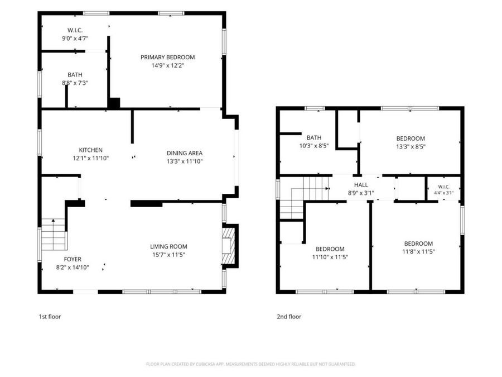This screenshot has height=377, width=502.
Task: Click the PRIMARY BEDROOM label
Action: coord(168,58)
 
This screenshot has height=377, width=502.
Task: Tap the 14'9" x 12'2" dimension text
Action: coord(168,66)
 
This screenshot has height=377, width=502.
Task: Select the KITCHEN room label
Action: coord(90,150)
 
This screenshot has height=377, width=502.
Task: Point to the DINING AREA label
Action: coord(185,153)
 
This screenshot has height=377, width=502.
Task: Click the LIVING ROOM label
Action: coord(168,246)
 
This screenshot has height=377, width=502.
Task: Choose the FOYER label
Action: coord(73,259)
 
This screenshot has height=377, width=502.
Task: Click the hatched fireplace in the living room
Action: coord(229,246)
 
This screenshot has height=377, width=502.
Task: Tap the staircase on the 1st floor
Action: coord(54,235)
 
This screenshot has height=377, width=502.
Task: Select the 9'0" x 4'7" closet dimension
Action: coord(75,39)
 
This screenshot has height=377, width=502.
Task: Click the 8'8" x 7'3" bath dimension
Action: coord(75,83)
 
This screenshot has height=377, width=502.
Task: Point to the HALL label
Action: coord(361,185)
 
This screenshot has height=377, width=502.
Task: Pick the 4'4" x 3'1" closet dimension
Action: coord(444,193)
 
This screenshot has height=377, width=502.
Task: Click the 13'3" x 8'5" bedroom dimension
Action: coord(411,147)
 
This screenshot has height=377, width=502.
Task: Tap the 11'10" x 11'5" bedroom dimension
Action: coord(330,257)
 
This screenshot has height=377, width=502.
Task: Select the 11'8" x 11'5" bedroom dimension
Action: coord(418,252)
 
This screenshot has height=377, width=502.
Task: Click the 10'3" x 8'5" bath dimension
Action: coord(313,146)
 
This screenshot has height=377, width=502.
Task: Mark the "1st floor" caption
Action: coord(50,317)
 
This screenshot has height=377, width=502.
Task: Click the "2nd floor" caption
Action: coord(289,317)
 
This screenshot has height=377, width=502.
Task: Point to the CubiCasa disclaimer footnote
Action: coord(250,364)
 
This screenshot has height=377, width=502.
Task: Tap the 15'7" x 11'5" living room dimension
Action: coord(168,255)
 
